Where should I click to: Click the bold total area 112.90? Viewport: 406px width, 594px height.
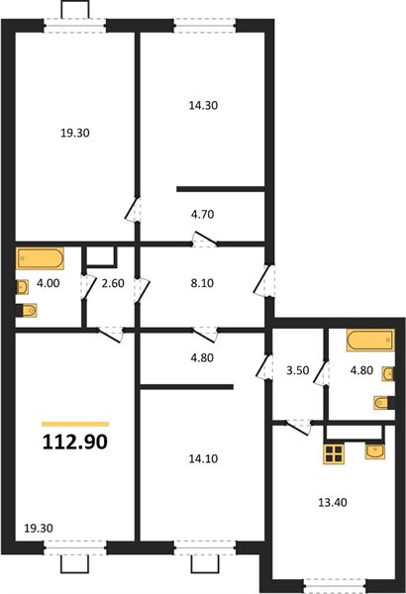[x=75, y=442]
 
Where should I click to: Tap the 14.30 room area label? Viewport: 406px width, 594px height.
[x=203, y=105]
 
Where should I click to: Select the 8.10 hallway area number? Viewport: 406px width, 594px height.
[x=202, y=283]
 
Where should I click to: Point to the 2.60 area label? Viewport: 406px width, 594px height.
[x=113, y=283]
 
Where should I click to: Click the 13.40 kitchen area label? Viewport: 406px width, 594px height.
[x=332, y=502]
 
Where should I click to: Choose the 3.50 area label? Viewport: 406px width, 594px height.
[x=298, y=370]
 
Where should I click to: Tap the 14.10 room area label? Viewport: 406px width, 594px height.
[x=203, y=458]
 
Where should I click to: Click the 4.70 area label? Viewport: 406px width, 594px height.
[x=202, y=215]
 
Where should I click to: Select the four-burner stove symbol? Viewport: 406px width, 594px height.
[x=333, y=453]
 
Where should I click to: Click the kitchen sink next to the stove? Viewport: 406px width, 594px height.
[x=374, y=451]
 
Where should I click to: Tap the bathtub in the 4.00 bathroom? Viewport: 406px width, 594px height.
[x=40, y=258]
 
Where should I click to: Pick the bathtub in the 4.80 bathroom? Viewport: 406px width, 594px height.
[x=370, y=340]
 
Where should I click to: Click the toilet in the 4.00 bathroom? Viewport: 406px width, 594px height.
[x=27, y=310]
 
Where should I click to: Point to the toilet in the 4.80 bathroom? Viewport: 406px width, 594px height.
[x=383, y=403]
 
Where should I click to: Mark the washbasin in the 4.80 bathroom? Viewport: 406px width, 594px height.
[x=388, y=374]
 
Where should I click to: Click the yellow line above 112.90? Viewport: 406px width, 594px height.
[x=75, y=425]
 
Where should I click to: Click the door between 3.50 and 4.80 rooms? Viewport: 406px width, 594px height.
[x=322, y=373]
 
